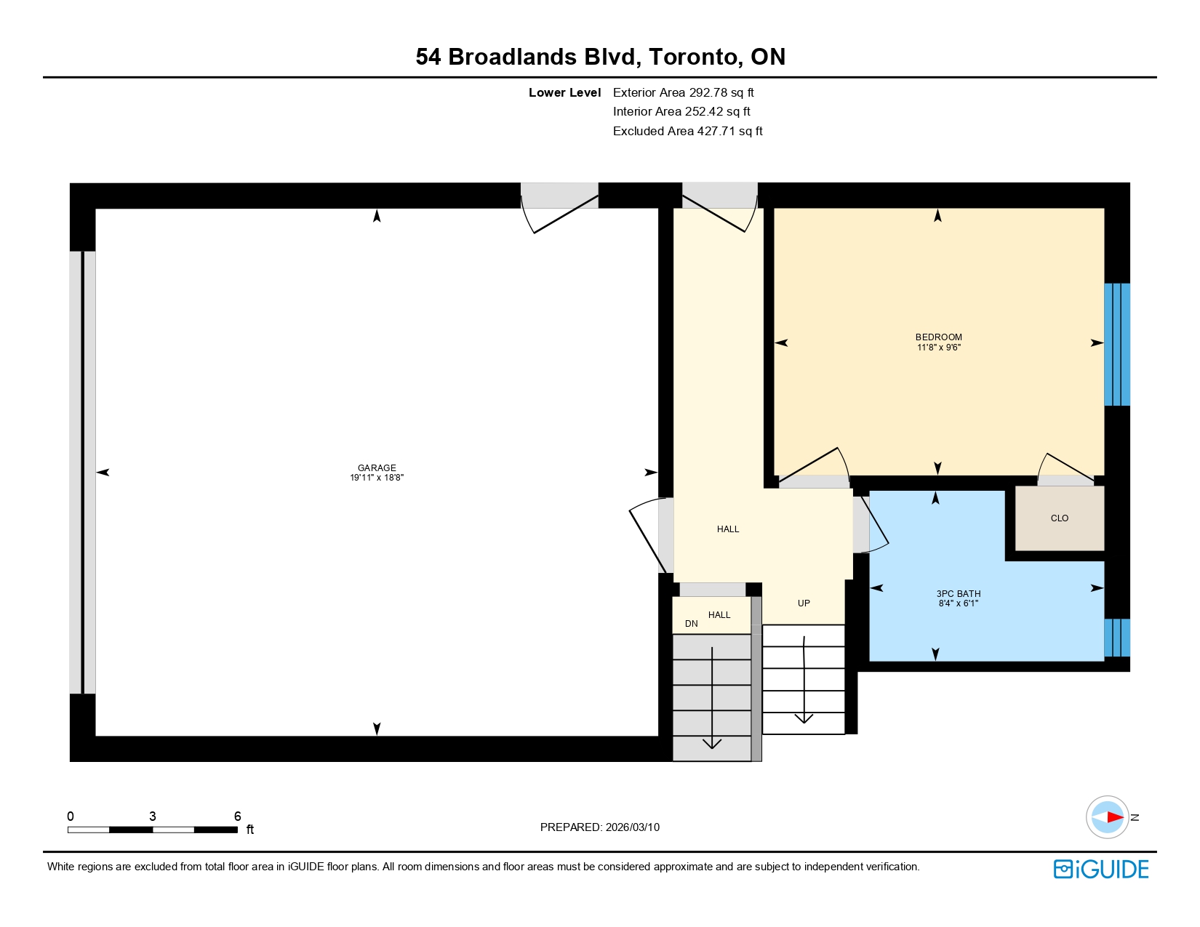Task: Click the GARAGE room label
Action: coord(377,467)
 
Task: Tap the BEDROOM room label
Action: coord(938,337)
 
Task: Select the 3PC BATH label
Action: coord(958,593)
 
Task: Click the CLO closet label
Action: coord(1059,518)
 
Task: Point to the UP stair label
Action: coord(804,603)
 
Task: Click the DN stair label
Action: coord(691,623)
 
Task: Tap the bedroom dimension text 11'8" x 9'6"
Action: coord(938,348)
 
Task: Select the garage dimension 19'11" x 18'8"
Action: coord(377,478)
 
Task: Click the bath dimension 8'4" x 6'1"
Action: coord(958,603)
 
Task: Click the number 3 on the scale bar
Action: coord(153,816)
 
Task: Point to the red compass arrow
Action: coord(1115,817)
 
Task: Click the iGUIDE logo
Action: coord(1100,870)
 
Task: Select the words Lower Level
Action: coord(564,93)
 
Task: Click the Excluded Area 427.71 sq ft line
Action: coord(687,131)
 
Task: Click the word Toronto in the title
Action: coord(693,57)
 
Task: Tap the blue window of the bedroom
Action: coord(1116,345)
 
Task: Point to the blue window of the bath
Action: coord(1116,638)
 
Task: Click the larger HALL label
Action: coord(728,529)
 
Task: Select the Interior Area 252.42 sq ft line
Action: coord(681,111)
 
